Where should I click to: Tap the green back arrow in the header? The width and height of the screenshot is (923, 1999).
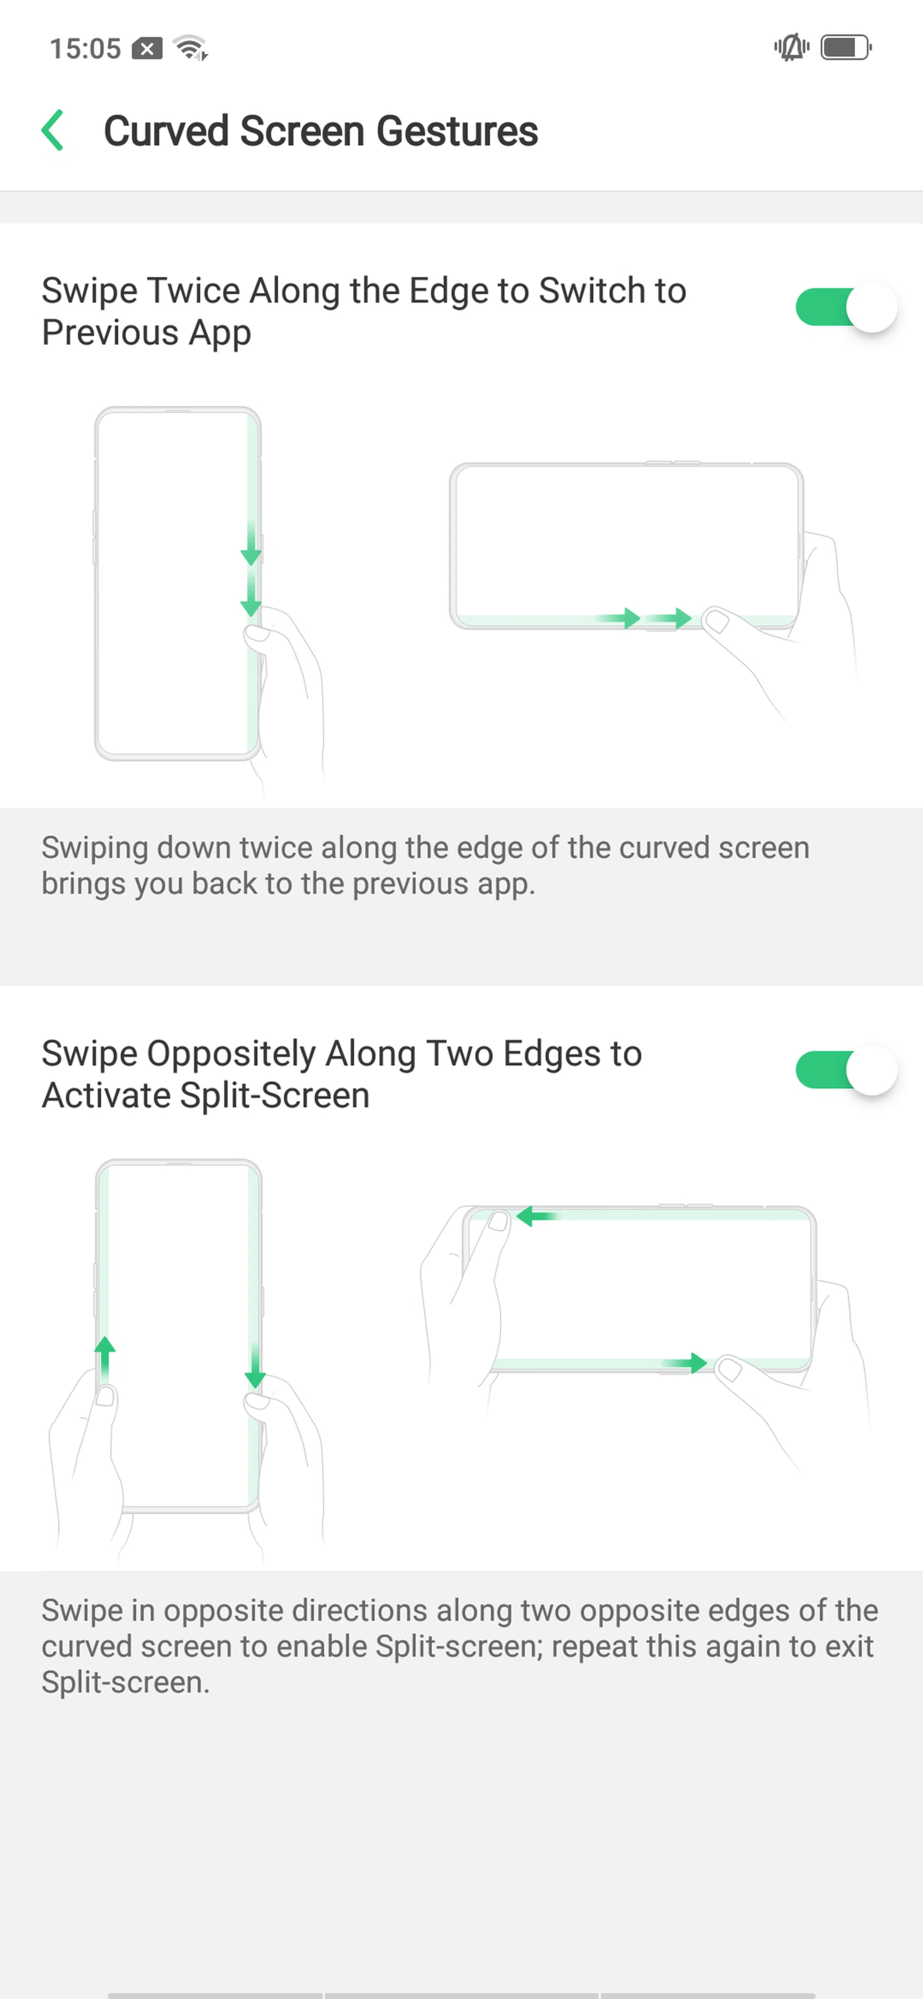click(52, 130)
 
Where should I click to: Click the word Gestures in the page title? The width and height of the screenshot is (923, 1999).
click(457, 130)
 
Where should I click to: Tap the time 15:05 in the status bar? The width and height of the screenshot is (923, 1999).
click(86, 48)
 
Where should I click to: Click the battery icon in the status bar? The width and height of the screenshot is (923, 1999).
click(846, 48)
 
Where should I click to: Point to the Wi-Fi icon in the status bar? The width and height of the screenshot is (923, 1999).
click(191, 48)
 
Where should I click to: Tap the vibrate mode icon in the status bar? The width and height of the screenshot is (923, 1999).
click(791, 48)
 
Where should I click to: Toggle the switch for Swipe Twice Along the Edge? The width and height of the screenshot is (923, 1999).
click(846, 308)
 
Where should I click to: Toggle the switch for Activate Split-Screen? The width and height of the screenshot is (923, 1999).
click(846, 1070)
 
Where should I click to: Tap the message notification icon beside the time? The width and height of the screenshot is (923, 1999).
click(147, 48)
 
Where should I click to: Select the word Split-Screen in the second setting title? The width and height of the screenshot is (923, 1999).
click(275, 1096)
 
